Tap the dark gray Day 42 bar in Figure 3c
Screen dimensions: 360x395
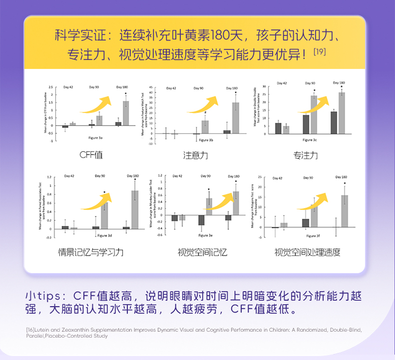[x=278, y=128]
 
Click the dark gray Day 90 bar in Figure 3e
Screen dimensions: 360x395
[x=201, y=220]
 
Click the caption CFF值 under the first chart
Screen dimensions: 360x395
[x=91, y=154]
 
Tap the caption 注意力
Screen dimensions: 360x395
[x=195, y=155]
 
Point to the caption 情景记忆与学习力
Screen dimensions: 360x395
[x=91, y=252]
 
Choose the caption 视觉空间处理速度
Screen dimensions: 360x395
[x=307, y=252]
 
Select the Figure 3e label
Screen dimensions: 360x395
[x=205, y=234]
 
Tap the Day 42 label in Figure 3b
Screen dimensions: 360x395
[x=170, y=88]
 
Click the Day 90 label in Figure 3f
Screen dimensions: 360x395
[x=307, y=178]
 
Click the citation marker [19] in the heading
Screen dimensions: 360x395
[x=319, y=51]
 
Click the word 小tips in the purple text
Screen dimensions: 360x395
[x=45, y=295]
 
